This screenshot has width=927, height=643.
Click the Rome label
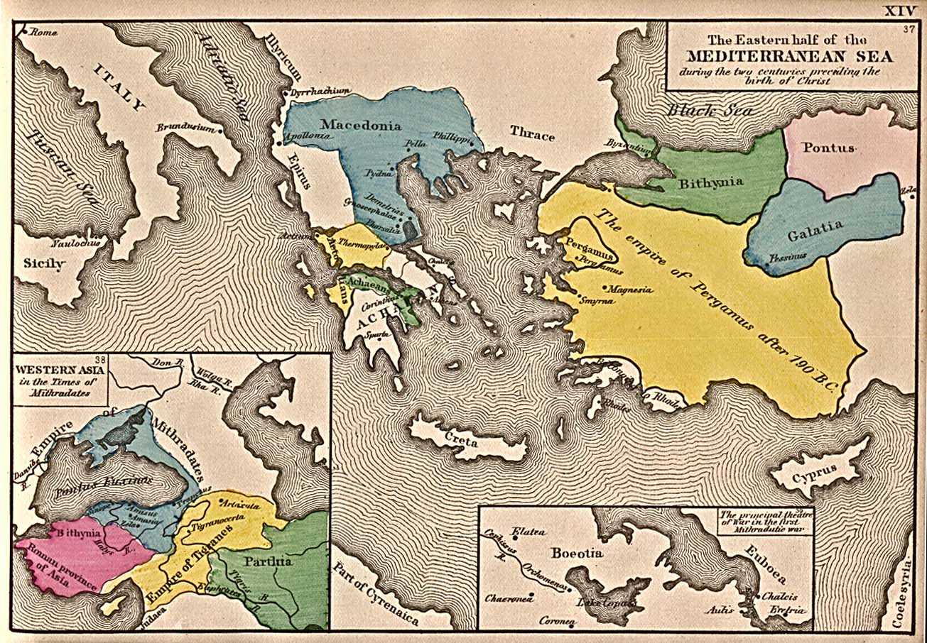click(42, 32)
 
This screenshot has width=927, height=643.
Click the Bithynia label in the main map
click(711, 182)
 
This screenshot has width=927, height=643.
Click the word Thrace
click(532, 136)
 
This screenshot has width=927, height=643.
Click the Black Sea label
click(703, 111)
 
